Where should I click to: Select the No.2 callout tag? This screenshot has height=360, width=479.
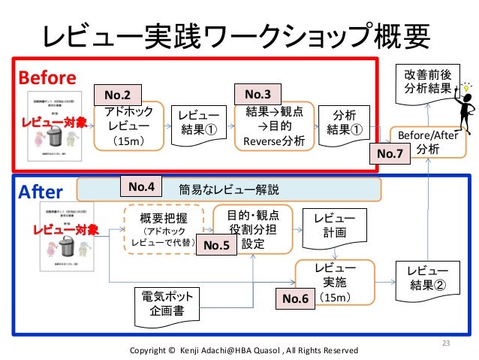point(116,95)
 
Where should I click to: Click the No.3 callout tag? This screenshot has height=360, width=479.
point(258,94)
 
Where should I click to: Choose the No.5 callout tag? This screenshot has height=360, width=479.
point(215,245)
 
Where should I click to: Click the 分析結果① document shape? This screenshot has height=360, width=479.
point(345,123)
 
